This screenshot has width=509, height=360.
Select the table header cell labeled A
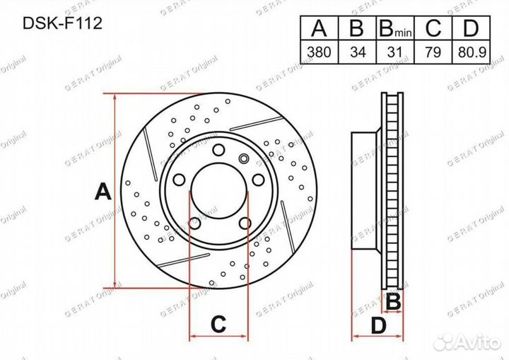pos(319,29)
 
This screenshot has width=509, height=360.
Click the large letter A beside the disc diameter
pos(103,191)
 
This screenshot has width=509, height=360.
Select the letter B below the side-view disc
pos(394,302)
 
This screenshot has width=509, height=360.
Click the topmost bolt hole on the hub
pos(218,149)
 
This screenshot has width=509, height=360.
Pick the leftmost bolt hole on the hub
pos(179,178)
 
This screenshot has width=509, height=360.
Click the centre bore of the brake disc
pos(218,191)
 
